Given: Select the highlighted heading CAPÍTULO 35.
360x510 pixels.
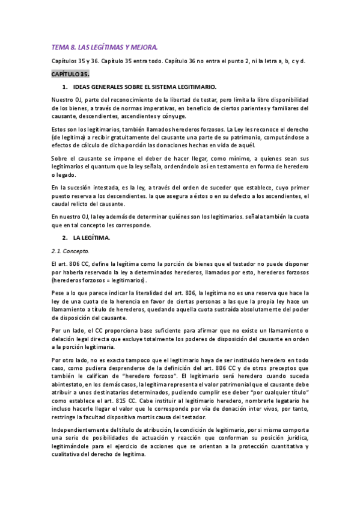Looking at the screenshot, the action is (x=70, y=74).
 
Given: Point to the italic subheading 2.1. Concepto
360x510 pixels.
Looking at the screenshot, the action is (x=70, y=251).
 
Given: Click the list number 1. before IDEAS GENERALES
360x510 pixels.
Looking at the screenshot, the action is (x=64, y=87).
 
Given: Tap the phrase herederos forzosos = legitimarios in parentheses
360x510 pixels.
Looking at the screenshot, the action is (x=102, y=280).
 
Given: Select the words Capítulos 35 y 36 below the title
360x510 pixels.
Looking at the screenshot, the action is (x=75, y=61).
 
